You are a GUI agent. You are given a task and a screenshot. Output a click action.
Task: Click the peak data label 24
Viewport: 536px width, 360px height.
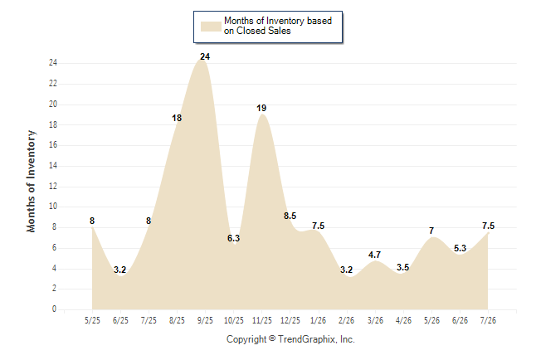coord(205,56)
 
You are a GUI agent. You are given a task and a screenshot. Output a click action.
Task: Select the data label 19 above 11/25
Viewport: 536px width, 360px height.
coord(261,108)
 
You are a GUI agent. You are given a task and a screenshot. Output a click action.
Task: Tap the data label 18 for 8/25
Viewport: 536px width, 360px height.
coord(177,118)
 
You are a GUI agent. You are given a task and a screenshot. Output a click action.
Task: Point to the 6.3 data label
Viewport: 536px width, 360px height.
coord(233,238)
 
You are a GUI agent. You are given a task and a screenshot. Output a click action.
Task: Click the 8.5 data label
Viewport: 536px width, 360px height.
coord(290,216)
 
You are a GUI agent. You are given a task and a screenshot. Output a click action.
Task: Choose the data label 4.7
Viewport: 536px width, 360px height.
coord(375,255)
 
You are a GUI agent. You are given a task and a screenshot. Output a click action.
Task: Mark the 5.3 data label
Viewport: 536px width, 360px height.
coord(460,248)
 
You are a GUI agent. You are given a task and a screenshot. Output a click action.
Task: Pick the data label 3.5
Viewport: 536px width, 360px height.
coord(403,267)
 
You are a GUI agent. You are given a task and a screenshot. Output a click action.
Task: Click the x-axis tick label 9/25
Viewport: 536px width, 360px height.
coord(205,321)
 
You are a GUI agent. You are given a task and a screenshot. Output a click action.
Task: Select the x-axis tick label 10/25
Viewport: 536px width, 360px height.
coord(233,321)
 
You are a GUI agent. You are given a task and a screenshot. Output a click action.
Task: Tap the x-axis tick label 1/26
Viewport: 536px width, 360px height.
coord(319,321)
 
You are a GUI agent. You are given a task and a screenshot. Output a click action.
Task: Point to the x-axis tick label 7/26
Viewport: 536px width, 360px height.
coord(488,321)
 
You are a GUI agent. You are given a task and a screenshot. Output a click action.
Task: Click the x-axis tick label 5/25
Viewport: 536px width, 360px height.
coord(92,321)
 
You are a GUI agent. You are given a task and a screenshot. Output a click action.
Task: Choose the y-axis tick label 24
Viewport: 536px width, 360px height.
coord(53,63)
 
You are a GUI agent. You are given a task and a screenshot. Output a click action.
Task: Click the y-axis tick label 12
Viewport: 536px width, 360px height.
coord(53,187)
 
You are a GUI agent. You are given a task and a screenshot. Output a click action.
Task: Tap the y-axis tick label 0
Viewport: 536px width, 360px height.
coord(55,309)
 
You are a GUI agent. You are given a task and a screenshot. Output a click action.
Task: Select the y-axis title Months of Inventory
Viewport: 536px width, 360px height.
coord(31,181)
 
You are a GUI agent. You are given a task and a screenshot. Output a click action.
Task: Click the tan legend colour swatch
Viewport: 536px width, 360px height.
coord(211,27)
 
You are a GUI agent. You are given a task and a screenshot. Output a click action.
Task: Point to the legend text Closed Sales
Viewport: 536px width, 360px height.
coord(264,31)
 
